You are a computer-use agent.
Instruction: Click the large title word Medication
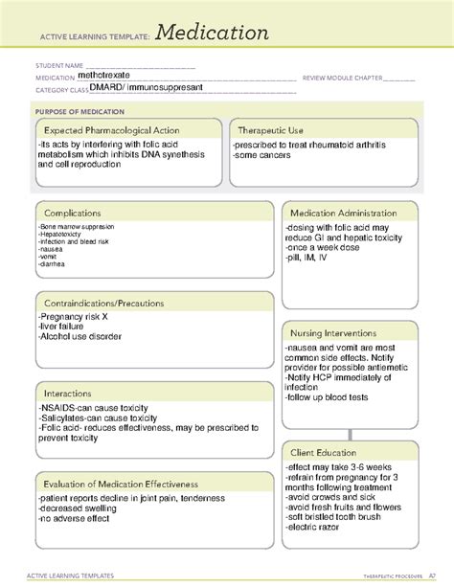(x=209, y=34)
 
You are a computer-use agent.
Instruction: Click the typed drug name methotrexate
(x=106, y=73)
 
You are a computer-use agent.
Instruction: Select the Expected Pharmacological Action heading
(x=111, y=130)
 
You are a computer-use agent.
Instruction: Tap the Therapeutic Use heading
(x=271, y=130)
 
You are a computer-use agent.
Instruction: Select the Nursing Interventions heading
(x=334, y=331)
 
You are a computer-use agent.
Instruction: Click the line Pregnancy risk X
(x=74, y=317)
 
